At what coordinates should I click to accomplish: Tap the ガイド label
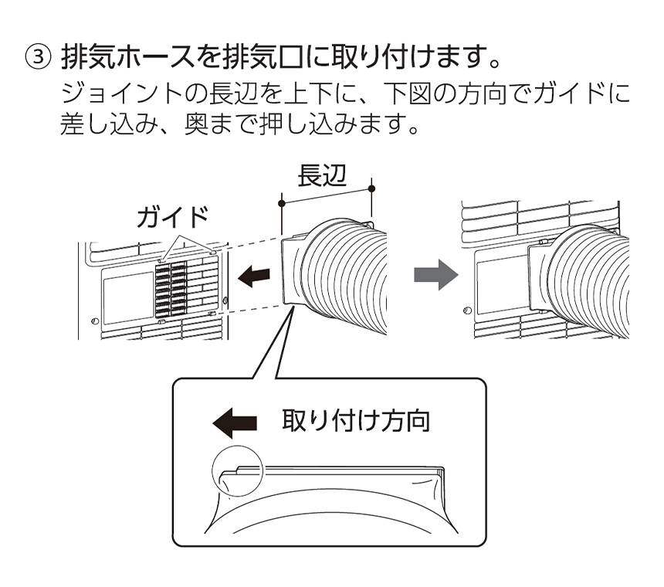point(172,219)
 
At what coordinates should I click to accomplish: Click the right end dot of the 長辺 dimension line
point(372,188)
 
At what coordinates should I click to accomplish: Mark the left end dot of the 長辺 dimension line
point(282,204)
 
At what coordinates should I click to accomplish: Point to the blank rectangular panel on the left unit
point(128,296)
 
